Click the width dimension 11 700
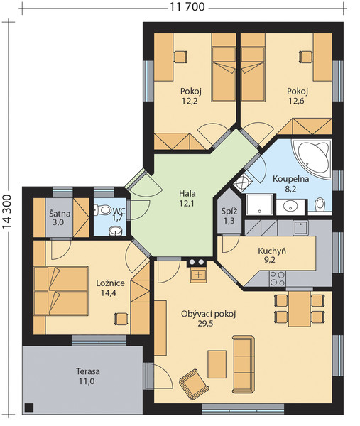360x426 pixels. (x=187, y=7)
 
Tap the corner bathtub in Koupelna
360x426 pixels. (x=312, y=158)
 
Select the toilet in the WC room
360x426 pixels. (x=102, y=210)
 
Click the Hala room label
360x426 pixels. (x=187, y=194)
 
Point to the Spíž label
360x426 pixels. (x=229, y=212)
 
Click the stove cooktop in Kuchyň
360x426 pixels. (x=278, y=278)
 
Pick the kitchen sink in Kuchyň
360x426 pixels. (x=300, y=228)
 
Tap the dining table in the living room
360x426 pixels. (x=300, y=309)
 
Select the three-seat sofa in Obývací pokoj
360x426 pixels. (x=244, y=364)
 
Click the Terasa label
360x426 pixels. (x=88, y=371)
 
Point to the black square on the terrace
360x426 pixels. (x=29, y=408)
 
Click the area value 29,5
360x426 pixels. (x=205, y=324)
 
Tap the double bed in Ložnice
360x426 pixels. (x=61, y=291)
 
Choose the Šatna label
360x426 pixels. (x=60, y=214)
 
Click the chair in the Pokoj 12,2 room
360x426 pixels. (x=180, y=57)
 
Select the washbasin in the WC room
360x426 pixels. (x=116, y=231)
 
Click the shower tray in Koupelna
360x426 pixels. (x=259, y=204)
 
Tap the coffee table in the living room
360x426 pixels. (x=217, y=364)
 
